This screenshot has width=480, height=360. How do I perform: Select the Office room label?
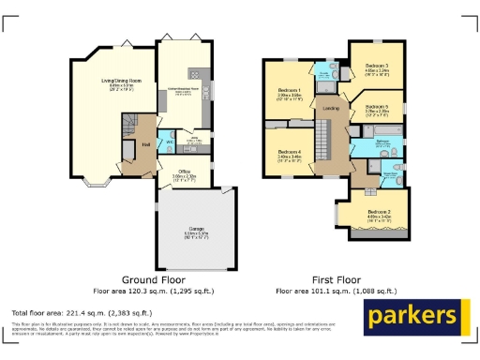[x=184, y=171]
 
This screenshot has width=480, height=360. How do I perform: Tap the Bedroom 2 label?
[x=378, y=213]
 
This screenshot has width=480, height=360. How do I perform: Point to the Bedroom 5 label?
[x=377, y=108]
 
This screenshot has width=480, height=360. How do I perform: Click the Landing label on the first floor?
[x=331, y=110]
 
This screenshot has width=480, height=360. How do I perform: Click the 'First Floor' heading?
[x=335, y=279]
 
